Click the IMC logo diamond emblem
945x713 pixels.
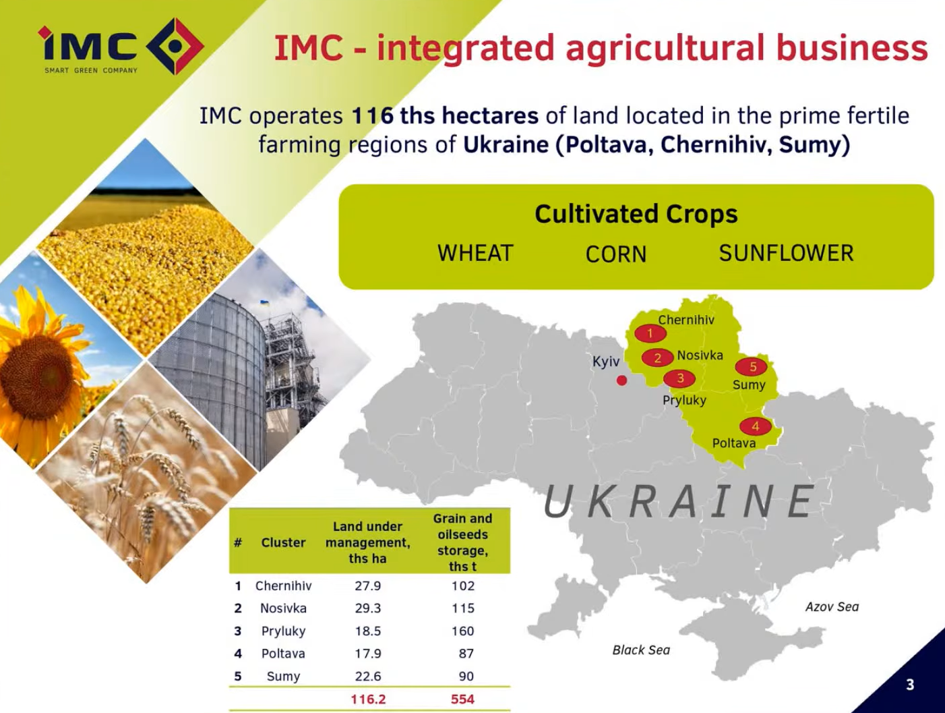pos(175,46)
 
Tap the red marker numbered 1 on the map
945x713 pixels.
pos(650,333)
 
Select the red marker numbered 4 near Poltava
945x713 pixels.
pos(756,426)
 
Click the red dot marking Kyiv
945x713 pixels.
pos(621,380)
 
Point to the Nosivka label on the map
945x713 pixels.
pos(700,355)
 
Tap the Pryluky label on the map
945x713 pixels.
pos(685,400)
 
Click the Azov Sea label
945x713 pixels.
pos(832,607)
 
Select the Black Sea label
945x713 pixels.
pos(641,650)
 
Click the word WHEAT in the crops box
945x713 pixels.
pos(475,253)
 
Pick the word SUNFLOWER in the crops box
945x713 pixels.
pos(786,253)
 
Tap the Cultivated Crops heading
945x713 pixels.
pos(636,214)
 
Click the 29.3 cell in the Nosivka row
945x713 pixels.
pos(367,608)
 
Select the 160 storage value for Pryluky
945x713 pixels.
pos(463,631)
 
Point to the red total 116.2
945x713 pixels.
pos(368,699)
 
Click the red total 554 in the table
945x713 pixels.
pos(463,699)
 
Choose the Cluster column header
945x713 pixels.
pos(283,542)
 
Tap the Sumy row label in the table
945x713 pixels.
pos(283,677)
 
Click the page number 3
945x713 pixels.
pos(910,685)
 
